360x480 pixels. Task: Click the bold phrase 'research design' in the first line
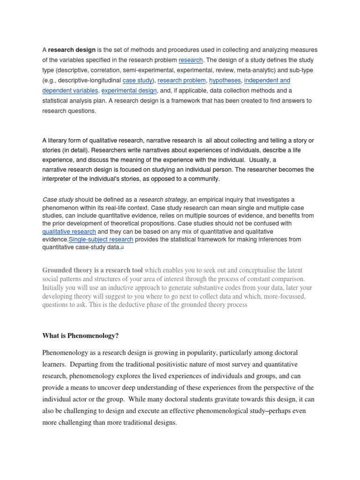pyautogui.click(x=72, y=50)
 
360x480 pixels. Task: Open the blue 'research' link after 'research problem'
pyautogui.click(x=190, y=60)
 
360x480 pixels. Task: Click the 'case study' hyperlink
pyautogui.click(x=138, y=81)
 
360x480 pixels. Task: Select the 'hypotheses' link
pyautogui.click(x=225, y=81)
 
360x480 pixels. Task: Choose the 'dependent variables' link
pyautogui.click(x=70, y=90)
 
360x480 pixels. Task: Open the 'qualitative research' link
pyautogui.click(x=69, y=232)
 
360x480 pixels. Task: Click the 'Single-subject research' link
pyautogui.click(x=101, y=240)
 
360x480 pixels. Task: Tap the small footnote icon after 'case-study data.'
pyautogui.click(x=122, y=247)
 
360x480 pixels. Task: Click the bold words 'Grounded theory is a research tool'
pyautogui.click(x=93, y=270)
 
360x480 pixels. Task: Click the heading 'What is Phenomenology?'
pyautogui.click(x=80, y=336)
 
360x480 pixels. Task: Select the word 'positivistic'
pyautogui.click(x=172, y=364)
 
